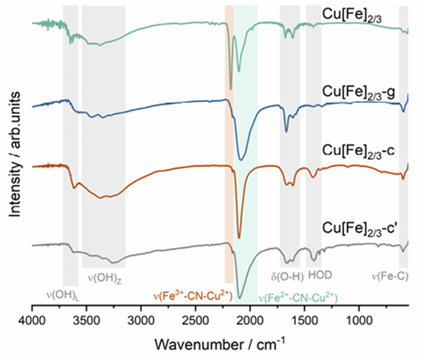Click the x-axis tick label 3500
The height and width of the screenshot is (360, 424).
point(86,321)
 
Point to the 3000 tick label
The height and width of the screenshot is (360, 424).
point(141,321)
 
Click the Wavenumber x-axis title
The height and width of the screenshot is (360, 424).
point(220,344)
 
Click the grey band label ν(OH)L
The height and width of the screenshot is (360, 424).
point(61,294)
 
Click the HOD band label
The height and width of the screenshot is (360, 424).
point(320,276)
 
